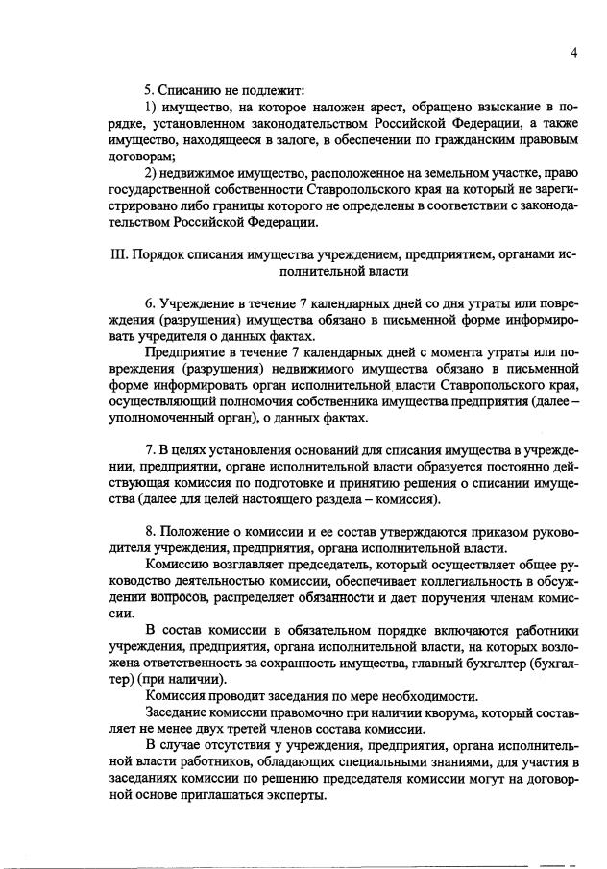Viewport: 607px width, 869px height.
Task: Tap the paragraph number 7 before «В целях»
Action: (148, 451)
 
